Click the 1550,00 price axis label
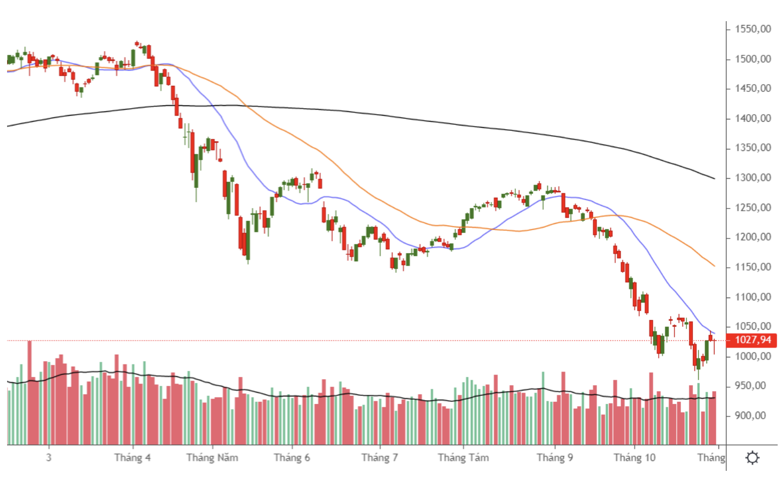coord(753,29)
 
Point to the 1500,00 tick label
coord(753,59)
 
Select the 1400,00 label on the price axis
coord(753,118)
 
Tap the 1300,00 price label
coord(753,178)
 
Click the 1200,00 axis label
coord(753,237)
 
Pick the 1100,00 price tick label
coord(753,297)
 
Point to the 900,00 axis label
coord(751,416)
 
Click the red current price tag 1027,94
coord(753,340)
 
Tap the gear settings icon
coord(753,458)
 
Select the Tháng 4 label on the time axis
coord(133,458)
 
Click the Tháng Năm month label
coord(212,458)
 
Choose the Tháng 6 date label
coord(292,458)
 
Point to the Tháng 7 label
coord(380,458)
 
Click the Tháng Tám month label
coord(463,458)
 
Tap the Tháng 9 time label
coord(554,458)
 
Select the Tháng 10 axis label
coord(634,458)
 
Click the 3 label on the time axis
coord(49,458)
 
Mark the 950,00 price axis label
coord(751,386)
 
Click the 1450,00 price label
coord(753,89)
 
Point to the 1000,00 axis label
coord(753,356)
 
